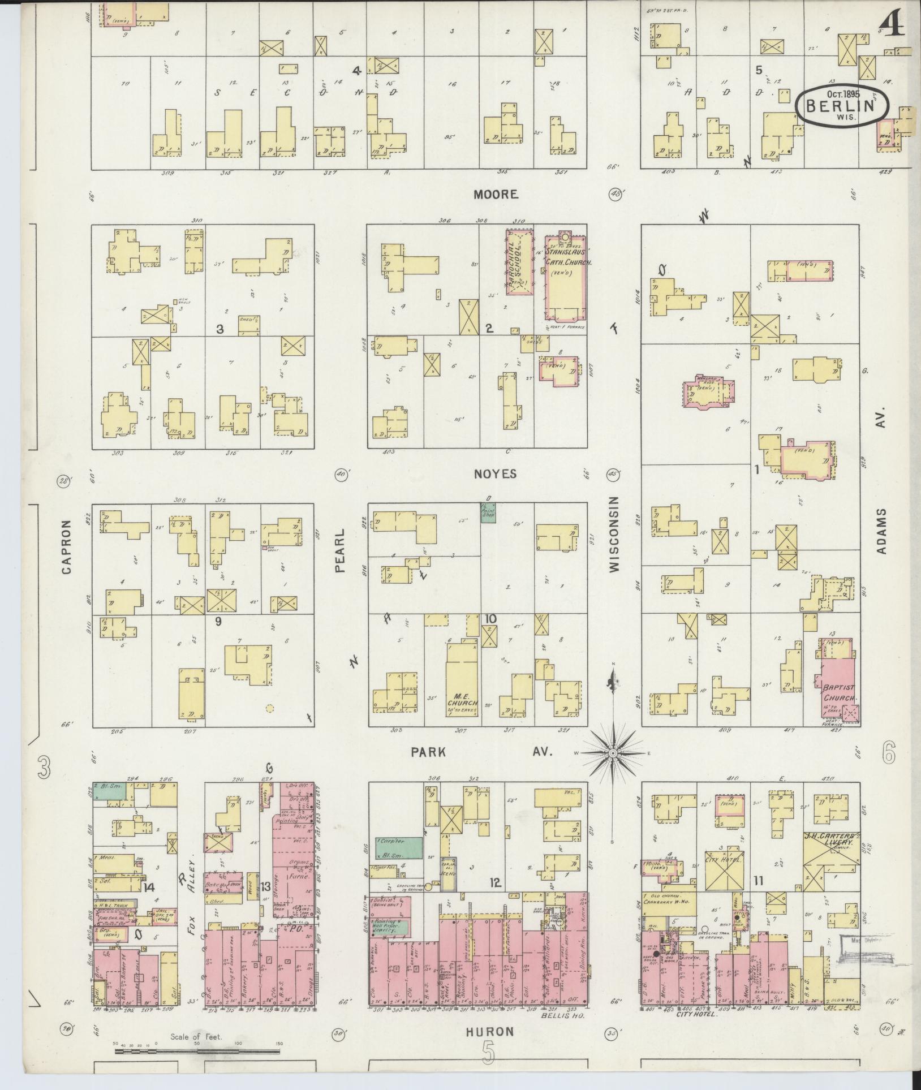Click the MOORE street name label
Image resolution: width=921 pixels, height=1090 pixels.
click(496, 195)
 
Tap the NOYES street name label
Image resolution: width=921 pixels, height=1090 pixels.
click(496, 474)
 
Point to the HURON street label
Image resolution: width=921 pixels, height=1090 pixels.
click(490, 1031)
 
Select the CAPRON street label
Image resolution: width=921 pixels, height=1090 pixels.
click(67, 547)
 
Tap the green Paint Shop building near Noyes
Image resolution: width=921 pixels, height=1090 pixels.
click(487, 512)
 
